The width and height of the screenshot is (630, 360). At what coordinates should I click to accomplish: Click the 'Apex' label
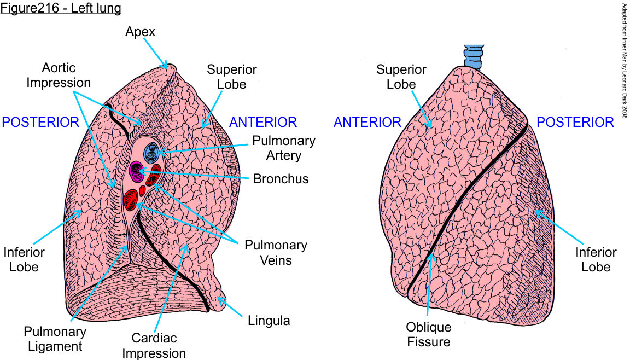(x=140, y=32)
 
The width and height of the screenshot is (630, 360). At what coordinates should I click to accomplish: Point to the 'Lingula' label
(x=268, y=320)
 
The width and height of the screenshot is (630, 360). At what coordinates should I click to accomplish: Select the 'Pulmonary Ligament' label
(x=55, y=339)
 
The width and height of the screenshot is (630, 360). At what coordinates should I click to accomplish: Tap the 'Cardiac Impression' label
(x=154, y=346)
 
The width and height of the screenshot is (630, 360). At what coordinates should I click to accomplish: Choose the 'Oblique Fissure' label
(x=428, y=334)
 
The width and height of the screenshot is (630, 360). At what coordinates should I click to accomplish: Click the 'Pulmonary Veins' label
(x=276, y=252)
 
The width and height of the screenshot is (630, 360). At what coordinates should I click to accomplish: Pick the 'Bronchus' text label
(x=281, y=179)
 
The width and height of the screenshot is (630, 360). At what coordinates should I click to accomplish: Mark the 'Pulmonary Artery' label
(x=283, y=148)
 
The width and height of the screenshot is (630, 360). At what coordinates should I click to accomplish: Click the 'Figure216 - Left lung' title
(x=61, y=9)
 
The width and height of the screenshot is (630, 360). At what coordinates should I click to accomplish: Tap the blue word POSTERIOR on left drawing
(x=40, y=122)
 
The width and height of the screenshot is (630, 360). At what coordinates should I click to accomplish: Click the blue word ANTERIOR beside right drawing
(x=367, y=122)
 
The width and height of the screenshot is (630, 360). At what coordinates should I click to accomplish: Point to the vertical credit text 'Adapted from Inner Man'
(x=624, y=60)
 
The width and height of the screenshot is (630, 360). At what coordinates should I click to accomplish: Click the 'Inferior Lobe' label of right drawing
(x=595, y=259)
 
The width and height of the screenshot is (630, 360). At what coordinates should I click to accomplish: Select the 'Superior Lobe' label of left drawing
(x=231, y=77)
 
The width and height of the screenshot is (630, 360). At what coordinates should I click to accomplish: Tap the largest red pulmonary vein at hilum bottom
(x=131, y=200)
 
